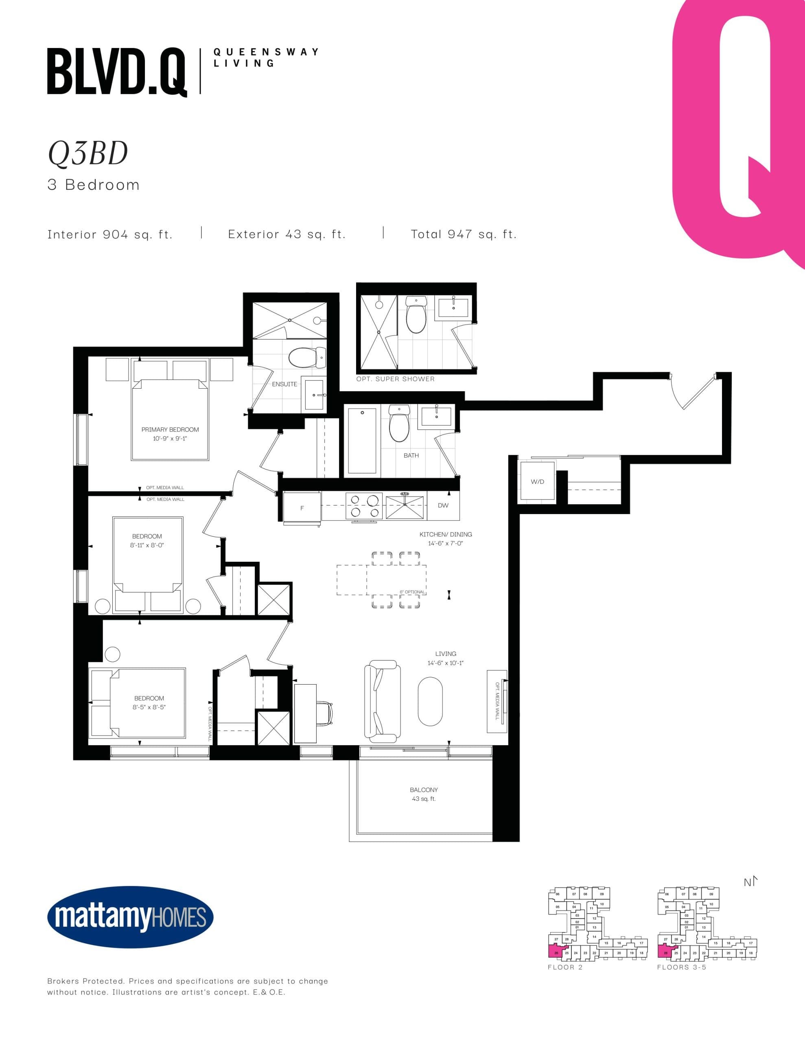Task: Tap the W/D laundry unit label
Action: [537, 482]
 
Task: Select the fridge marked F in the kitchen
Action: [302, 508]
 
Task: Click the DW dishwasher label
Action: [443, 505]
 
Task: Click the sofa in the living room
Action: [380, 701]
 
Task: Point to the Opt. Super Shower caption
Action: [395, 379]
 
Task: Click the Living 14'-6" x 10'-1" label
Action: [445, 658]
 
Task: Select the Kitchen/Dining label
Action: [445, 539]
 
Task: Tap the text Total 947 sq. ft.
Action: [463, 234]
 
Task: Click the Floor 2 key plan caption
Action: [565, 967]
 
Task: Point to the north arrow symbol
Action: [750, 882]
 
